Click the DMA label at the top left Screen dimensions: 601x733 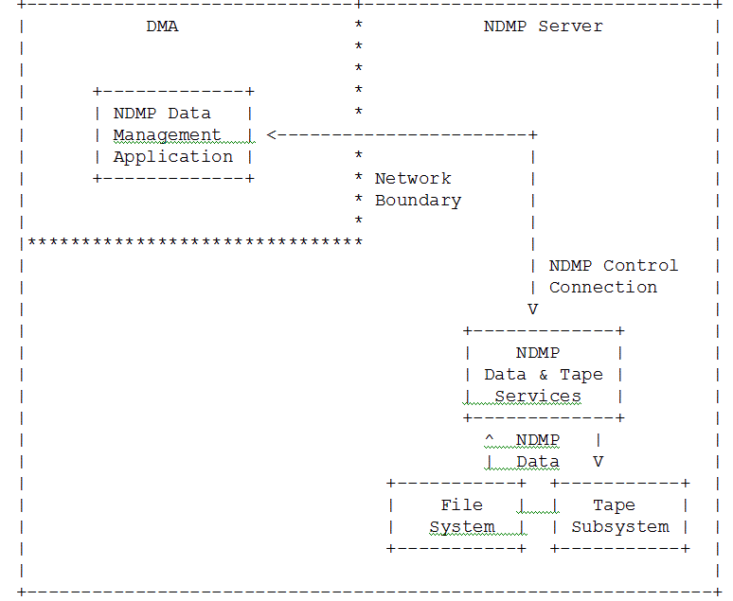pos(162,27)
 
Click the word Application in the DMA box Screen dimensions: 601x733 pos(172,157)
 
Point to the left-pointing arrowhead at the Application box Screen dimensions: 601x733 pos(272,135)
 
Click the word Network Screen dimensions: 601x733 pos(413,179)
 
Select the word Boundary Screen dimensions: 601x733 pos(418,201)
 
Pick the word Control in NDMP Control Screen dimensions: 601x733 pos(640,266)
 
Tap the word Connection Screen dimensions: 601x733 pos(602,288)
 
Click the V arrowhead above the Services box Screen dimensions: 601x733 pos(532,309)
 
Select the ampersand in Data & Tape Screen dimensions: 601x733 pos(543,375)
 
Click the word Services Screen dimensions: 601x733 pos(538,397)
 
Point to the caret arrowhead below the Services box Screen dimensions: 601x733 pos(489,439)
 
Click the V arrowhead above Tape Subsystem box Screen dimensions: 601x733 pos(598,462)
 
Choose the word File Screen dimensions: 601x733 pos(461,505)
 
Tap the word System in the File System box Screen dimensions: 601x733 pos(461,527)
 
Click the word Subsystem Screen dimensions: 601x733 pos(619,527)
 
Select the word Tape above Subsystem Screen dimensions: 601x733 pos(614,505)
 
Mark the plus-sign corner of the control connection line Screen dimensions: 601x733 pos(533,135)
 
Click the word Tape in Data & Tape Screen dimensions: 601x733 pos(581,375)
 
